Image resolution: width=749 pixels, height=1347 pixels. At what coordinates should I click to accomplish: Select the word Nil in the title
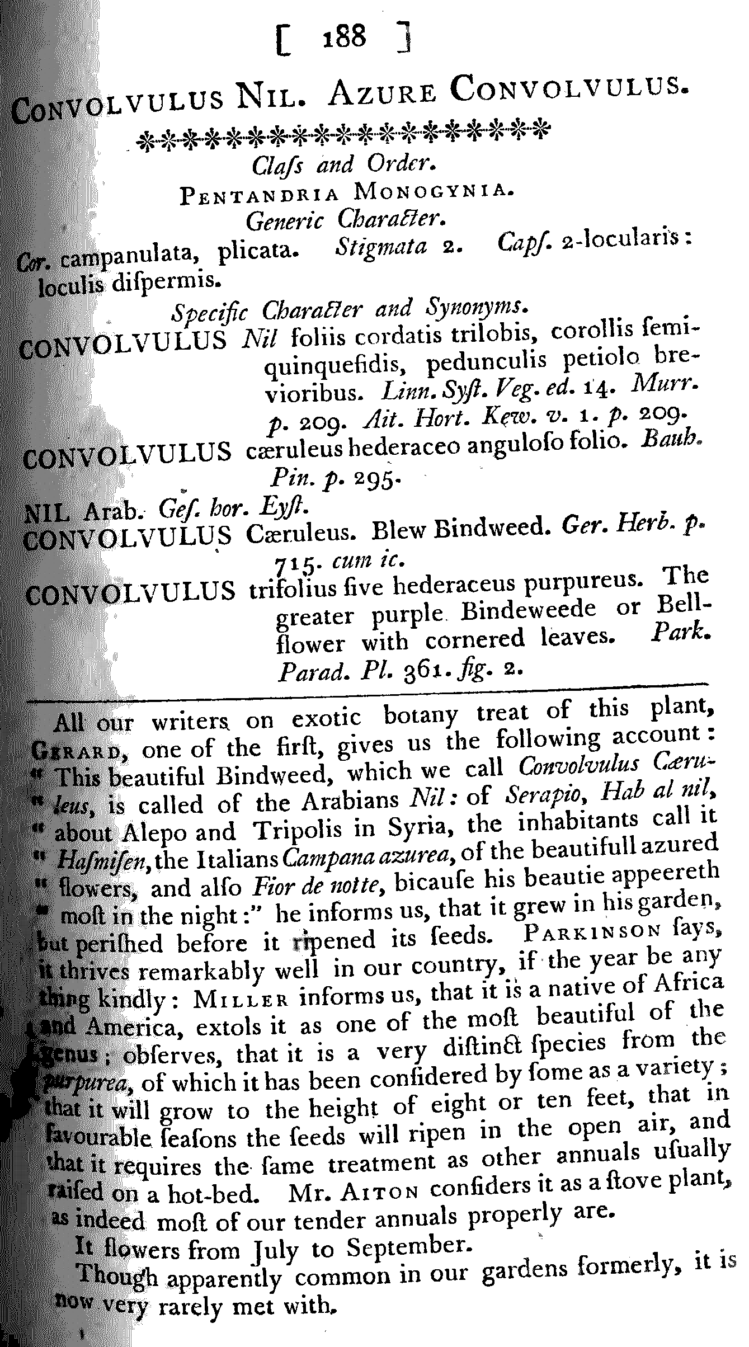click(x=266, y=96)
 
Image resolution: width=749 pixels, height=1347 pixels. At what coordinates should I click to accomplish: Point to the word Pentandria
click(x=258, y=194)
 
